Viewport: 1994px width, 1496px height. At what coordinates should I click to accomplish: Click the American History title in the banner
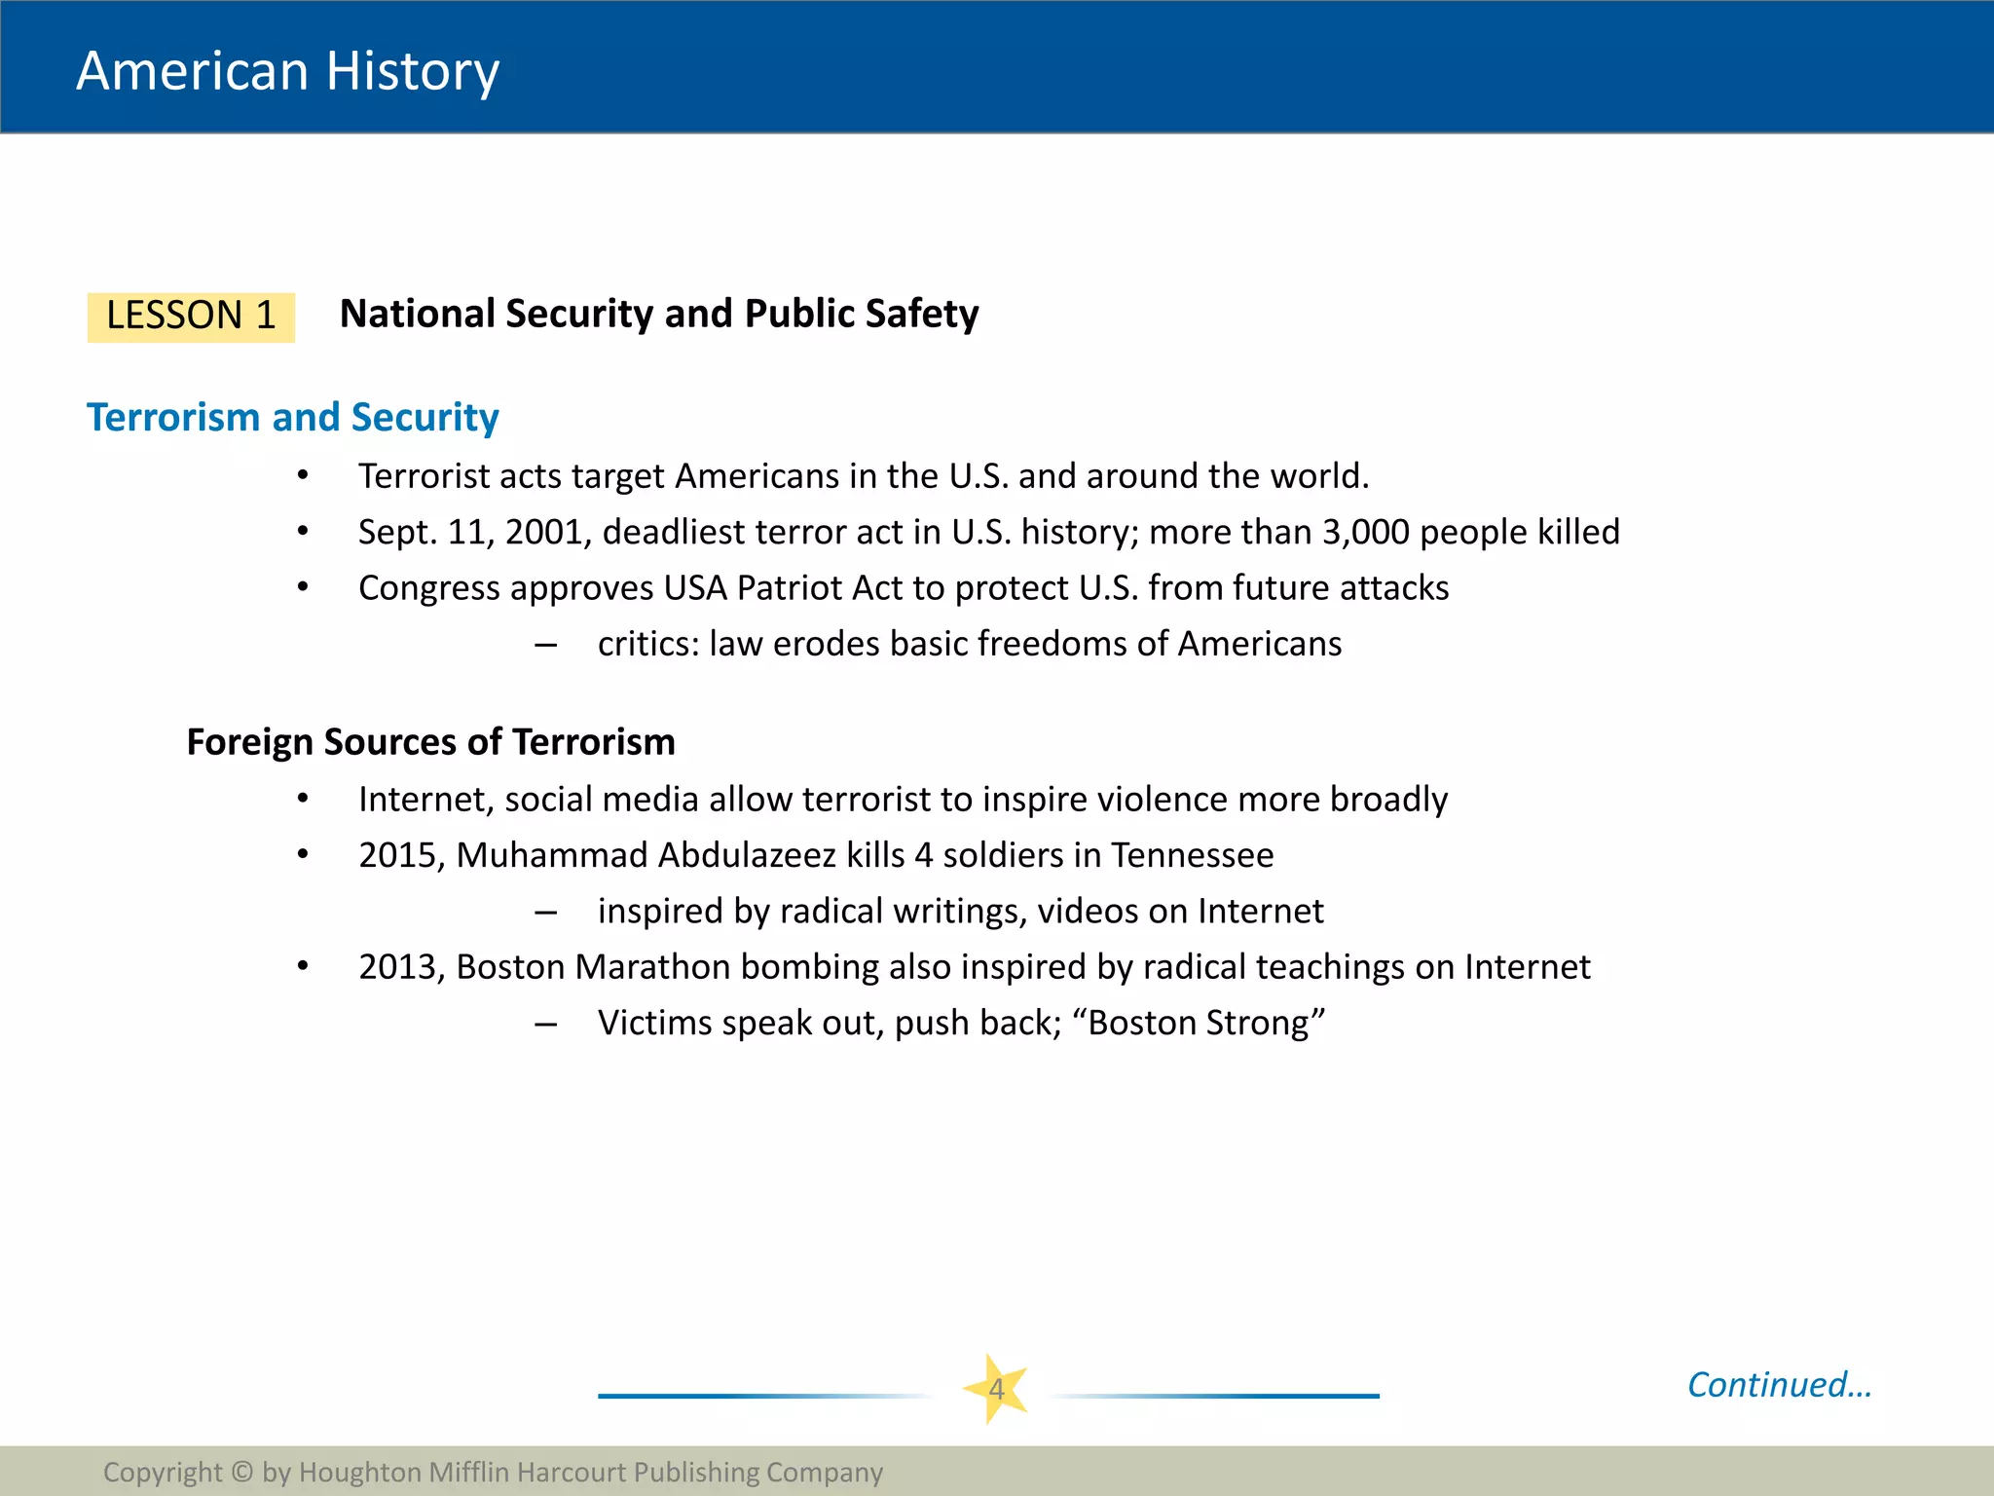point(287,71)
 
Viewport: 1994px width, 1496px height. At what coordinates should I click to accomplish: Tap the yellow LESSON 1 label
point(191,317)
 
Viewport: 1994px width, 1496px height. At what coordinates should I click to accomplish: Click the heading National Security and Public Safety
point(659,315)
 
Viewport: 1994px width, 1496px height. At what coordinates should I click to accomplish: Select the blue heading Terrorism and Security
point(293,418)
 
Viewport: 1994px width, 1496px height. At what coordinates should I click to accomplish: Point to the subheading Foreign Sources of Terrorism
point(430,742)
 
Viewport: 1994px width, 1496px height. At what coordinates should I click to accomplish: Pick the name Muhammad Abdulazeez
point(646,855)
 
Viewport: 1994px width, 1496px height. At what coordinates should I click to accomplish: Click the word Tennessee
point(1192,855)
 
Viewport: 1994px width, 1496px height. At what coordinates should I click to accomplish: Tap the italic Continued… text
point(1779,1385)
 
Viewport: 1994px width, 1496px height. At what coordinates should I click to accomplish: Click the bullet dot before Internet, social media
point(303,800)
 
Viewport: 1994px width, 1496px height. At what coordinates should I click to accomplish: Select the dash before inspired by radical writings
point(545,913)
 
